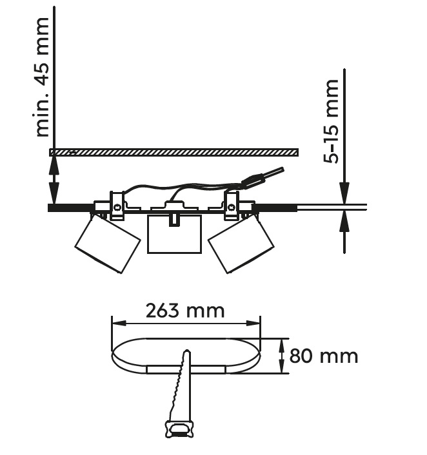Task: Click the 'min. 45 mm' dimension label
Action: [40, 77]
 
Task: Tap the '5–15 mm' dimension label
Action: [331, 121]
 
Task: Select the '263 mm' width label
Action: [185, 311]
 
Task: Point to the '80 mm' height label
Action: [324, 356]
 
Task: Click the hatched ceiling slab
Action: [174, 152]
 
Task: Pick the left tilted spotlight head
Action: [108, 244]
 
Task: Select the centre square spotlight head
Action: [174, 234]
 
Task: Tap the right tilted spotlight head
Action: [241, 244]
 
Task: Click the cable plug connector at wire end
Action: [263, 178]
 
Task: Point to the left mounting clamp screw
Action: [117, 208]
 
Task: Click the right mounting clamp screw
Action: [231, 208]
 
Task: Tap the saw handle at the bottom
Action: [179, 429]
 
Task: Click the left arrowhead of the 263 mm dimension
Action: [119, 324]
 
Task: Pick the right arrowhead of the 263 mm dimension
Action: [253, 324]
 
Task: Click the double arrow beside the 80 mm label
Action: [281, 356]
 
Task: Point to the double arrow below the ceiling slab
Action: [54, 180]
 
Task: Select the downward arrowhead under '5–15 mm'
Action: [344, 193]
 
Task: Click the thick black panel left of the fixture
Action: [71, 208]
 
